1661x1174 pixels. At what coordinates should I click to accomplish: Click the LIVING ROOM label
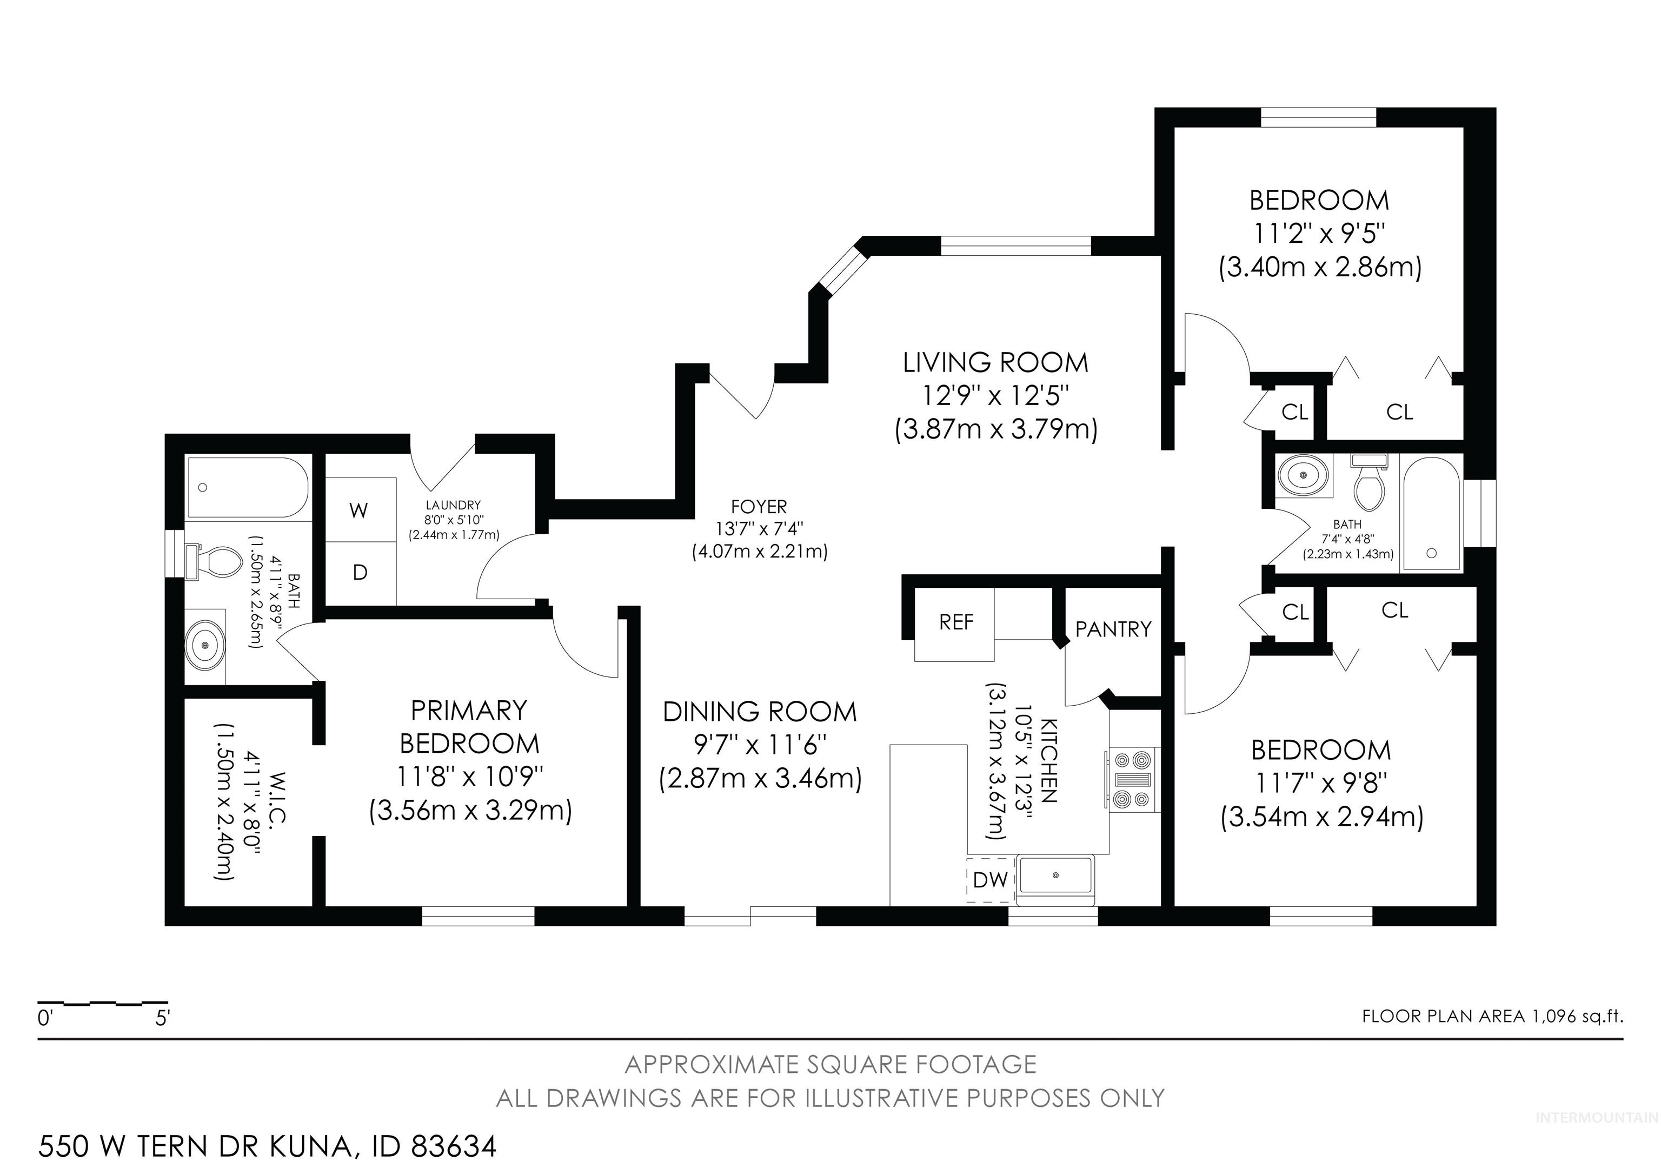point(995,362)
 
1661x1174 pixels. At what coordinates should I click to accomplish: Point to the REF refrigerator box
point(955,623)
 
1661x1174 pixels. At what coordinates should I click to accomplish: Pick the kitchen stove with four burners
point(1132,779)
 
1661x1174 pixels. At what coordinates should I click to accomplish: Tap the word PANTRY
point(1113,629)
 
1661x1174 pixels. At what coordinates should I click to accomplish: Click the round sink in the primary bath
point(206,645)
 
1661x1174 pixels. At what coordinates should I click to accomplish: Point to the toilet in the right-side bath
point(1368,480)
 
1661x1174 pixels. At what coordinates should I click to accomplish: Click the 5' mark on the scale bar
point(163,1018)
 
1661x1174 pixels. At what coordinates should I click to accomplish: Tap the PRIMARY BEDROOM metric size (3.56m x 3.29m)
point(470,810)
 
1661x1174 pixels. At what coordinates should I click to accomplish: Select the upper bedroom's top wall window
point(1318,117)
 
